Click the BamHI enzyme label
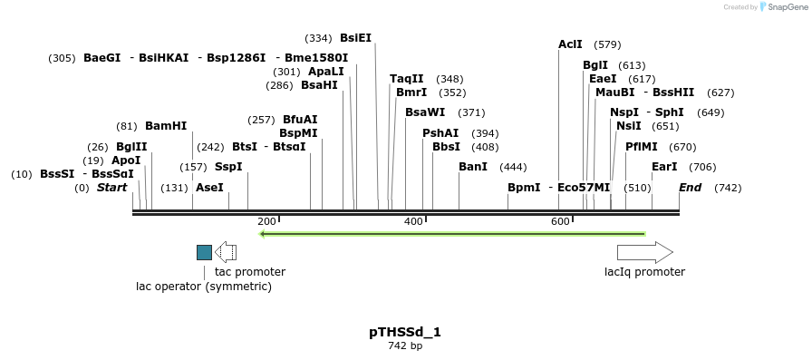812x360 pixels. [x=166, y=126]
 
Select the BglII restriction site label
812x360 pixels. [x=131, y=147]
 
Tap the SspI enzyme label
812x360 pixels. [x=228, y=167]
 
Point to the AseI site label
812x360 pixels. [x=209, y=188]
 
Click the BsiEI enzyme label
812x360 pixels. [x=355, y=38]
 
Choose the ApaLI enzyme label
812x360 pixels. [x=326, y=71]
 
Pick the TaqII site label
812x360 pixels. [x=407, y=79]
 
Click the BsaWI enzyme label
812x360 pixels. [x=425, y=112]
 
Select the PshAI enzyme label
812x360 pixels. [x=440, y=133]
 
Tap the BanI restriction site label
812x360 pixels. [x=473, y=167]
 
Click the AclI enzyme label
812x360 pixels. [x=570, y=44]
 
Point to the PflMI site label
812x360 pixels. [x=642, y=147]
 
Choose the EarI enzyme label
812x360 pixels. [x=664, y=167]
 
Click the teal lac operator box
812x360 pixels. [x=204, y=252]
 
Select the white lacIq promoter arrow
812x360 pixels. [x=644, y=252]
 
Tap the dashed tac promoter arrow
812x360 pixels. [x=225, y=252]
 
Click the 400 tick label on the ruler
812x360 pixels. [x=413, y=222]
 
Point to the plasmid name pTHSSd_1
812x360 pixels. [x=405, y=332]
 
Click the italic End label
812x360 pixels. [x=690, y=188]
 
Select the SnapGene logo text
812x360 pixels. [x=783, y=7]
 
